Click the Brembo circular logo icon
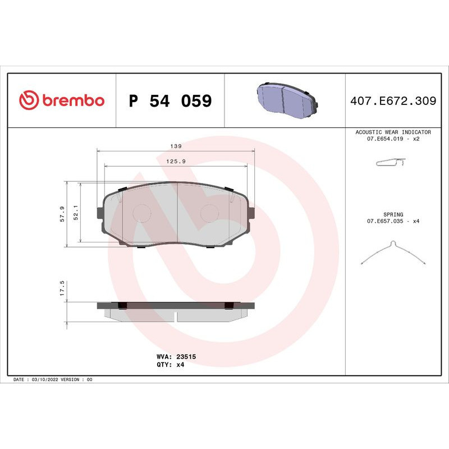29,100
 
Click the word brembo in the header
72,100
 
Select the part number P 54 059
170,101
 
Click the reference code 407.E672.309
393,101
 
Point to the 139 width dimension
176,146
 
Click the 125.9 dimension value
176,162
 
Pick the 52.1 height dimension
75,214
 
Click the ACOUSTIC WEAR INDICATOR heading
393,132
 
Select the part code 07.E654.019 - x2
393,139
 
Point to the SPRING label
393,214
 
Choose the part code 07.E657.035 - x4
393,221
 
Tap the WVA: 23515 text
175,356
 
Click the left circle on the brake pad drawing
141,212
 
